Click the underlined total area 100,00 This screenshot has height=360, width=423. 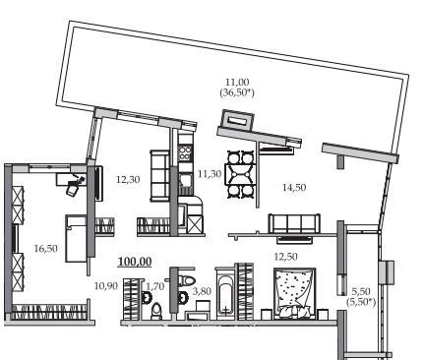[x=135, y=262]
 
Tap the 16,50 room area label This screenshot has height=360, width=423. [x=46, y=249]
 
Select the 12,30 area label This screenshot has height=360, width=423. [x=128, y=179]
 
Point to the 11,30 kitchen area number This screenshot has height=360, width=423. [x=210, y=174]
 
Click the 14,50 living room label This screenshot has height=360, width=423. [x=294, y=188]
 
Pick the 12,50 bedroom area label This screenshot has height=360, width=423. [x=285, y=257]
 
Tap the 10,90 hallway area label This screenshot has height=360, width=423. [x=105, y=286]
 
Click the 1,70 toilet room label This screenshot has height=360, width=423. [x=154, y=286]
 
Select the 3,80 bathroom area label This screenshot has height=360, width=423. [x=202, y=291]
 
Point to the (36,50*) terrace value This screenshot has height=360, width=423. [x=237, y=92]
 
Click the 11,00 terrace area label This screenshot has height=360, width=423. [x=237, y=82]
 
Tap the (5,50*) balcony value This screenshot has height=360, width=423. [x=361, y=302]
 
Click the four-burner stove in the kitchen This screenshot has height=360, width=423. [x=185, y=152]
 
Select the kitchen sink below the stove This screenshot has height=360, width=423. [x=185, y=181]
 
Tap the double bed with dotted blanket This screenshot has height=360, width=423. [x=295, y=293]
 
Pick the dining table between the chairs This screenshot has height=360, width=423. [x=241, y=174]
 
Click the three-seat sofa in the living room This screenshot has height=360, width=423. [x=294, y=223]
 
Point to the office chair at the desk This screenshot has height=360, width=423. [x=74, y=186]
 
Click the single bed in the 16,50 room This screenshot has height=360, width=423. [x=77, y=238]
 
